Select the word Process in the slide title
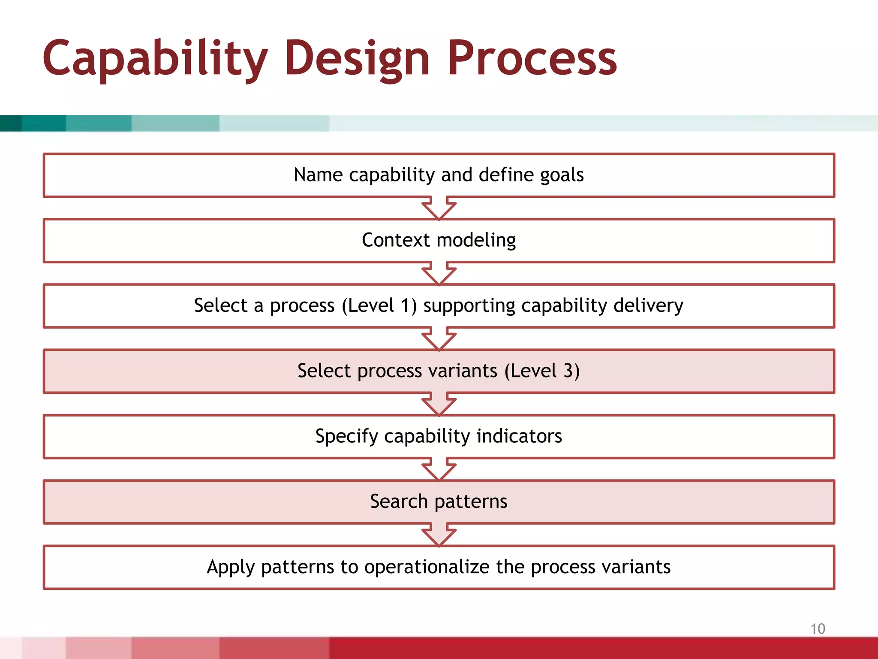point(532,58)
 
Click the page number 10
point(818,629)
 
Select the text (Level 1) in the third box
point(379,305)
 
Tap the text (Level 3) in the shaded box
point(542,371)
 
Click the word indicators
point(519,436)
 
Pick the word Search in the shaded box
point(399,501)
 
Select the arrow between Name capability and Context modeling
point(439,209)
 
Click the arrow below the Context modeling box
point(439,274)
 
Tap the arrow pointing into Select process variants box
point(439,339)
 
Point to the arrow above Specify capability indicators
point(439,404)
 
